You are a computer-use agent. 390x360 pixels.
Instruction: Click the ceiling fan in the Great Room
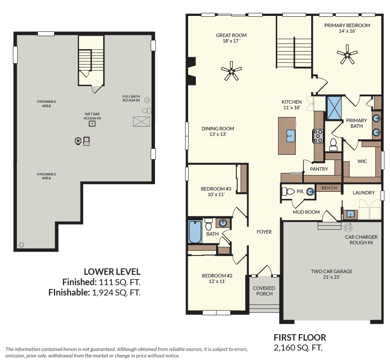[x=231, y=71]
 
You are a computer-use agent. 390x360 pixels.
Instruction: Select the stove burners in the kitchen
[x=318, y=136]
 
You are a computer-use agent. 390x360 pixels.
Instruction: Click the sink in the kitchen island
[x=291, y=136]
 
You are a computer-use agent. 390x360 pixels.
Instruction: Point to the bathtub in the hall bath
[x=195, y=231]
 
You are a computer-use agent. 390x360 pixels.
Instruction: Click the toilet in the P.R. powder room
[x=288, y=191]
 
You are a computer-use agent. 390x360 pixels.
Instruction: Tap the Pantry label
[x=319, y=169]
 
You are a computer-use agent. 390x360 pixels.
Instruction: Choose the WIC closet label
[x=362, y=161]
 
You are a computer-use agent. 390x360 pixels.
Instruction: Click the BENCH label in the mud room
[x=329, y=188]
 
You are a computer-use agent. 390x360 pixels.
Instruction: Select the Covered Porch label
[x=264, y=291]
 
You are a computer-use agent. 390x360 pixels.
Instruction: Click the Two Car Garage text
[x=331, y=271]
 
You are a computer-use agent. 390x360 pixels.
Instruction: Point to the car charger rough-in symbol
[x=348, y=227]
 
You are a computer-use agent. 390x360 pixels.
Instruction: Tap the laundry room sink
[x=350, y=214]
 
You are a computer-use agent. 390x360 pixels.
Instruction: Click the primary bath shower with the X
[x=334, y=108]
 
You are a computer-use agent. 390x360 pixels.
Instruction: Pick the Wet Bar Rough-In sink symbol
[x=92, y=123]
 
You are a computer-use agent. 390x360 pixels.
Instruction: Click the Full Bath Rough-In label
[x=131, y=98]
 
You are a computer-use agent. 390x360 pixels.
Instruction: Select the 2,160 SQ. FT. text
[x=298, y=348]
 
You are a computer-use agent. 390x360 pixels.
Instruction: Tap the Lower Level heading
[x=112, y=271]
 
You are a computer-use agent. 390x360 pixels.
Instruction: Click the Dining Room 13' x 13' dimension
[x=218, y=135]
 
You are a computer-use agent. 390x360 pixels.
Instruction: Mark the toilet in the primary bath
[x=333, y=145]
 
